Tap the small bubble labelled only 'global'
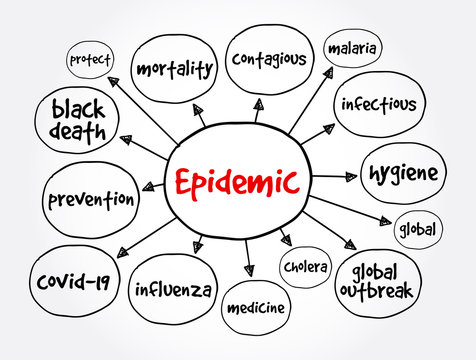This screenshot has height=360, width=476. (417, 228)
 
